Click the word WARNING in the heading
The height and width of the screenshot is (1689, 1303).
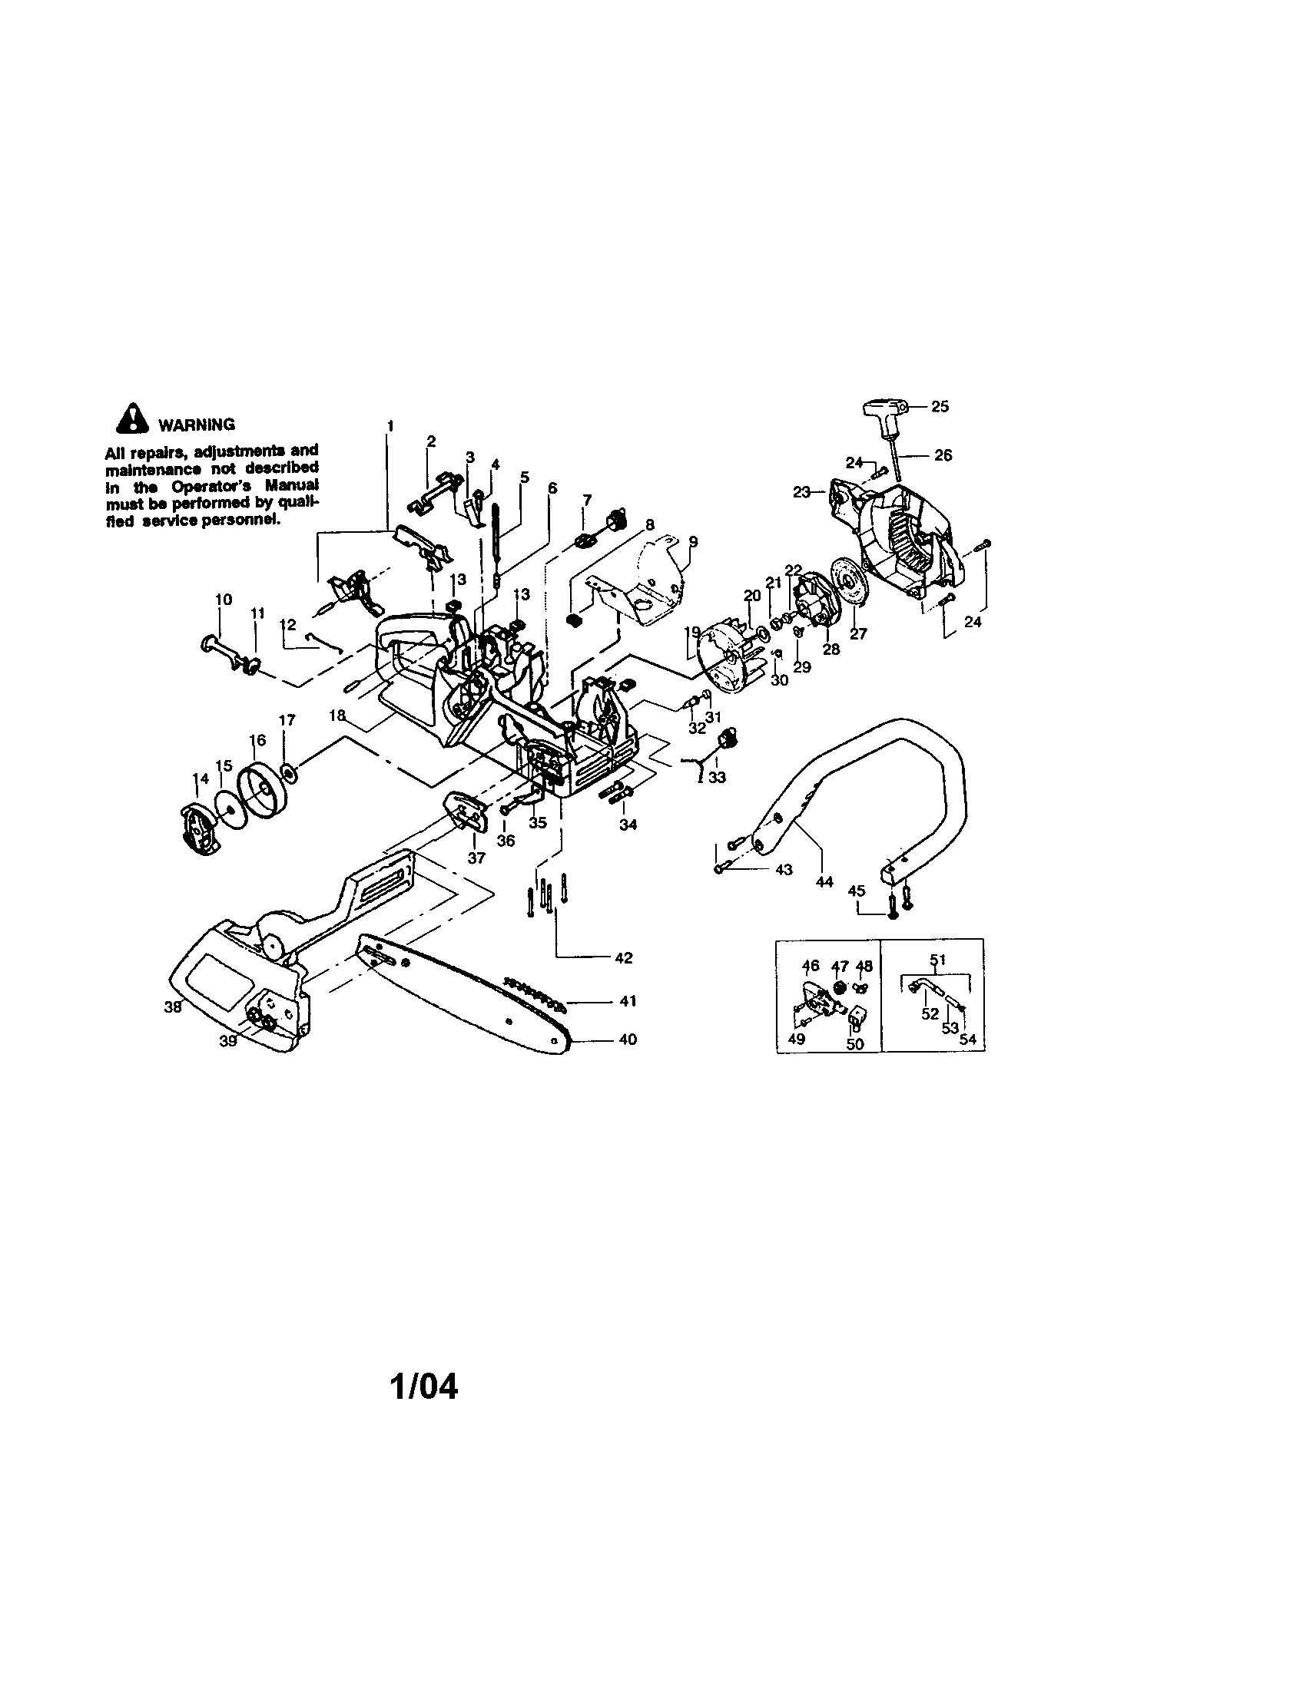pos(197,425)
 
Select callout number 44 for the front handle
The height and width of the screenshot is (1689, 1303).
pos(825,881)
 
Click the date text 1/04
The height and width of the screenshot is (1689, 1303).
pos(423,1387)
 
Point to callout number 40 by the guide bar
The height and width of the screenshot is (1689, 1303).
pos(628,1040)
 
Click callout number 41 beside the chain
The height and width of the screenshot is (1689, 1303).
pos(628,1000)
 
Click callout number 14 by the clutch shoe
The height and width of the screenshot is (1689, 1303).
pos(201,778)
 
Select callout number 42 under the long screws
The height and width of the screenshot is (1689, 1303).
pos(624,957)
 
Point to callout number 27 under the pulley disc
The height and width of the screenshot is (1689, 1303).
pos(859,633)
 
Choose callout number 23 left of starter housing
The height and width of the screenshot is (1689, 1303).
pos(801,492)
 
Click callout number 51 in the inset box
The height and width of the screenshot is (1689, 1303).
pos(938,960)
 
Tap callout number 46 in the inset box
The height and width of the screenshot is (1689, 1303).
pos(811,965)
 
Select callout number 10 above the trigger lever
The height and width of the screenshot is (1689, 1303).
pos(224,600)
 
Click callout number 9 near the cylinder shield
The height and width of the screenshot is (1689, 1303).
pos(693,541)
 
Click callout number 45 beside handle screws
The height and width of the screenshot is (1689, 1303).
pos(856,891)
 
